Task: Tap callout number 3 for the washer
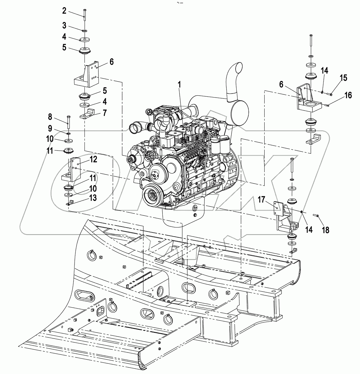(64, 25)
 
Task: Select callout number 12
(94, 160)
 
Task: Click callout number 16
(348, 95)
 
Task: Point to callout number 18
(325, 230)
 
